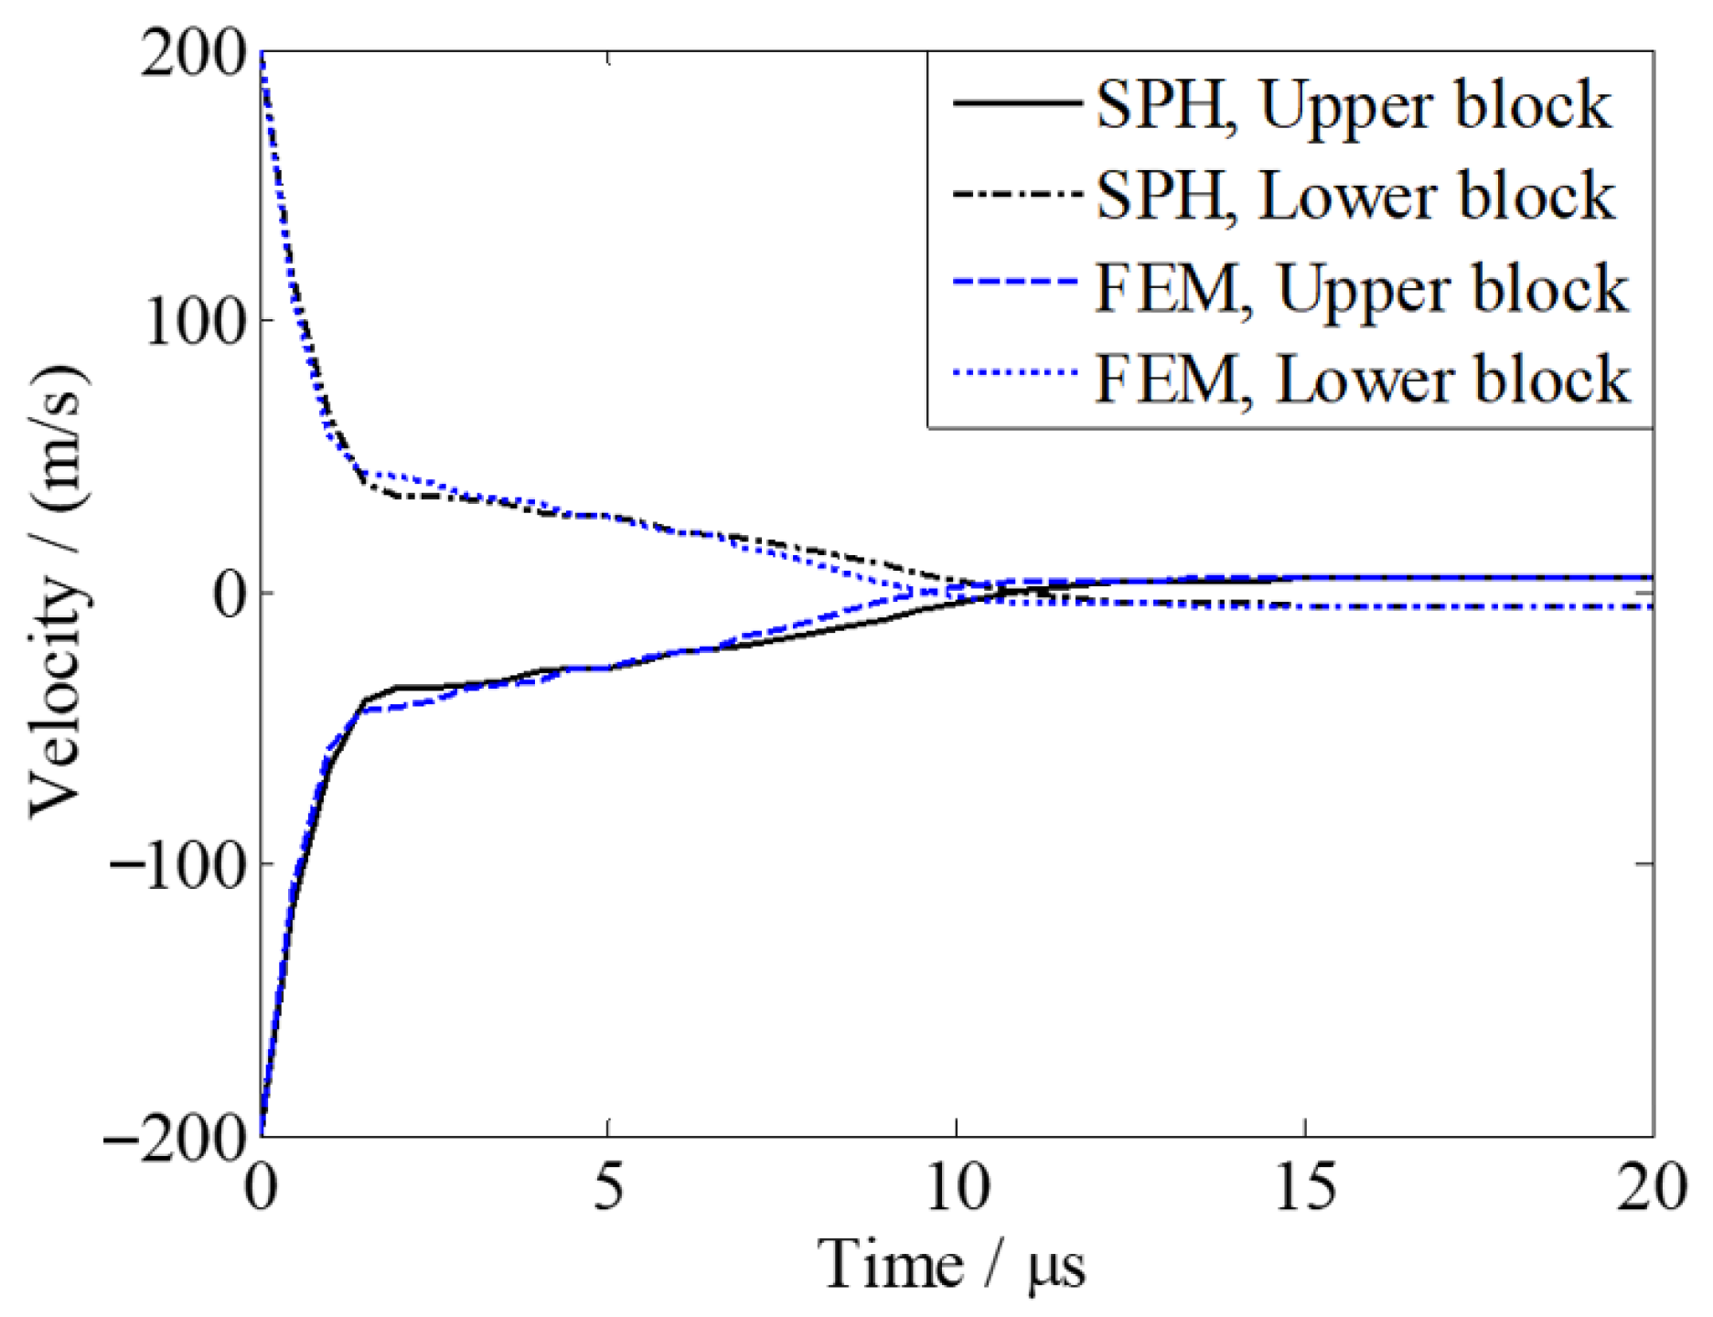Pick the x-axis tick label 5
(608, 1188)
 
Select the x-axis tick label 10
(957, 1188)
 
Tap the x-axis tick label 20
(1651, 1188)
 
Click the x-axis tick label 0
(262, 1188)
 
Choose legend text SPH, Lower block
(1354, 196)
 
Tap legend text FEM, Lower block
(1361, 379)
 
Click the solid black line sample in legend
(1015, 102)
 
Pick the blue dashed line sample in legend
(1015, 284)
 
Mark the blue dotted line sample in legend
(1015, 373)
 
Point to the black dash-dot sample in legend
(1015, 193)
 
